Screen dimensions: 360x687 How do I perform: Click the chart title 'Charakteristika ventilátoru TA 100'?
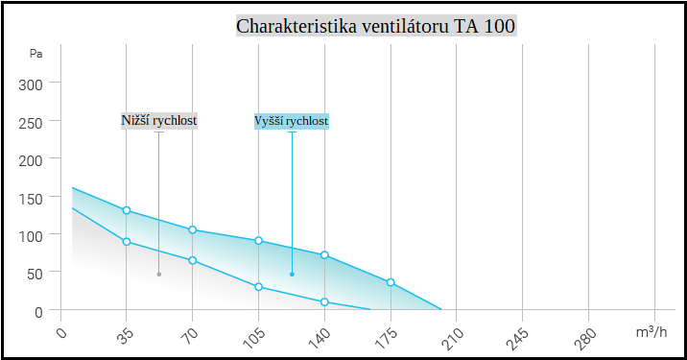[x=376, y=26]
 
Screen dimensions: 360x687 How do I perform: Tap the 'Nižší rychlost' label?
[x=159, y=121]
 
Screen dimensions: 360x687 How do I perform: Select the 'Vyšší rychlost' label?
[x=292, y=121]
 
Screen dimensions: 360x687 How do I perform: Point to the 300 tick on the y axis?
[x=33, y=84]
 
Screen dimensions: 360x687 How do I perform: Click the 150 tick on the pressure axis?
[x=33, y=198]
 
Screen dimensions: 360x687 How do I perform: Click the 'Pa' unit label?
[x=36, y=54]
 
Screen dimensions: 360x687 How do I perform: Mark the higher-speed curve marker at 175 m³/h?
[x=391, y=282]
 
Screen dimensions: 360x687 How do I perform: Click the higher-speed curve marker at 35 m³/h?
[x=127, y=210]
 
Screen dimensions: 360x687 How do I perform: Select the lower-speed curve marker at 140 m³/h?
[x=324, y=302]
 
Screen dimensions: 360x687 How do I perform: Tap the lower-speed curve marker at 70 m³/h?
[x=193, y=260]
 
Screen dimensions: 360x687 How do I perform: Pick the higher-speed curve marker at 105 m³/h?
[x=259, y=241]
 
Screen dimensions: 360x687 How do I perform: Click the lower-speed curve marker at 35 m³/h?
[x=127, y=241]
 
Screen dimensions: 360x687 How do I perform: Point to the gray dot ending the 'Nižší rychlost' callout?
[x=159, y=275]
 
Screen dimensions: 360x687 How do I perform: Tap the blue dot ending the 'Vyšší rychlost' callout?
[x=292, y=275]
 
